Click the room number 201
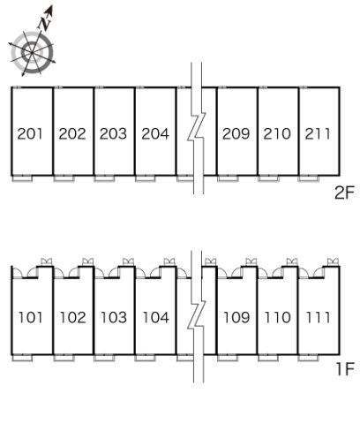30,133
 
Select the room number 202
72,133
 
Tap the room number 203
113,133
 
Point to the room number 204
155,133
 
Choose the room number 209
236,133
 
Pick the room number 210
277,133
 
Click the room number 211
318,133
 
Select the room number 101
30,317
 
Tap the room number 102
72,317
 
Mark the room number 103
114,317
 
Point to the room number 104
156,317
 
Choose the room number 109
236,317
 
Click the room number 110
277,317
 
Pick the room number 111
318,317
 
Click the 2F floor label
344,193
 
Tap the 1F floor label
345,368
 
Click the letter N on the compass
45,23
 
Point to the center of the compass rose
32,52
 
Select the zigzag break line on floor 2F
197,128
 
